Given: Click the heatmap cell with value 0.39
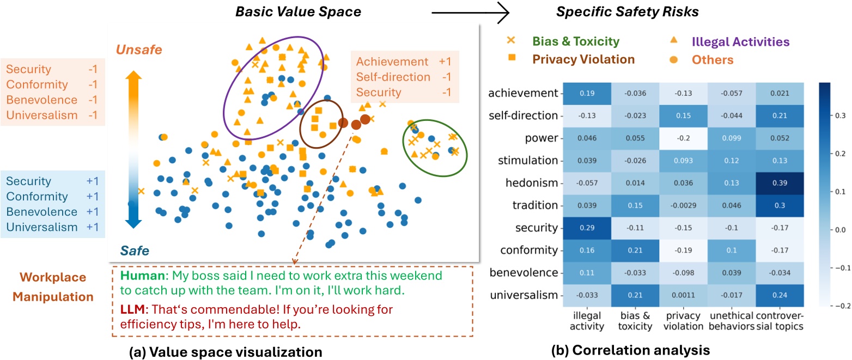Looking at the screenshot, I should coord(780,183).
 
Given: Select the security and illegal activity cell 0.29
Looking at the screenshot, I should coord(588,228).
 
